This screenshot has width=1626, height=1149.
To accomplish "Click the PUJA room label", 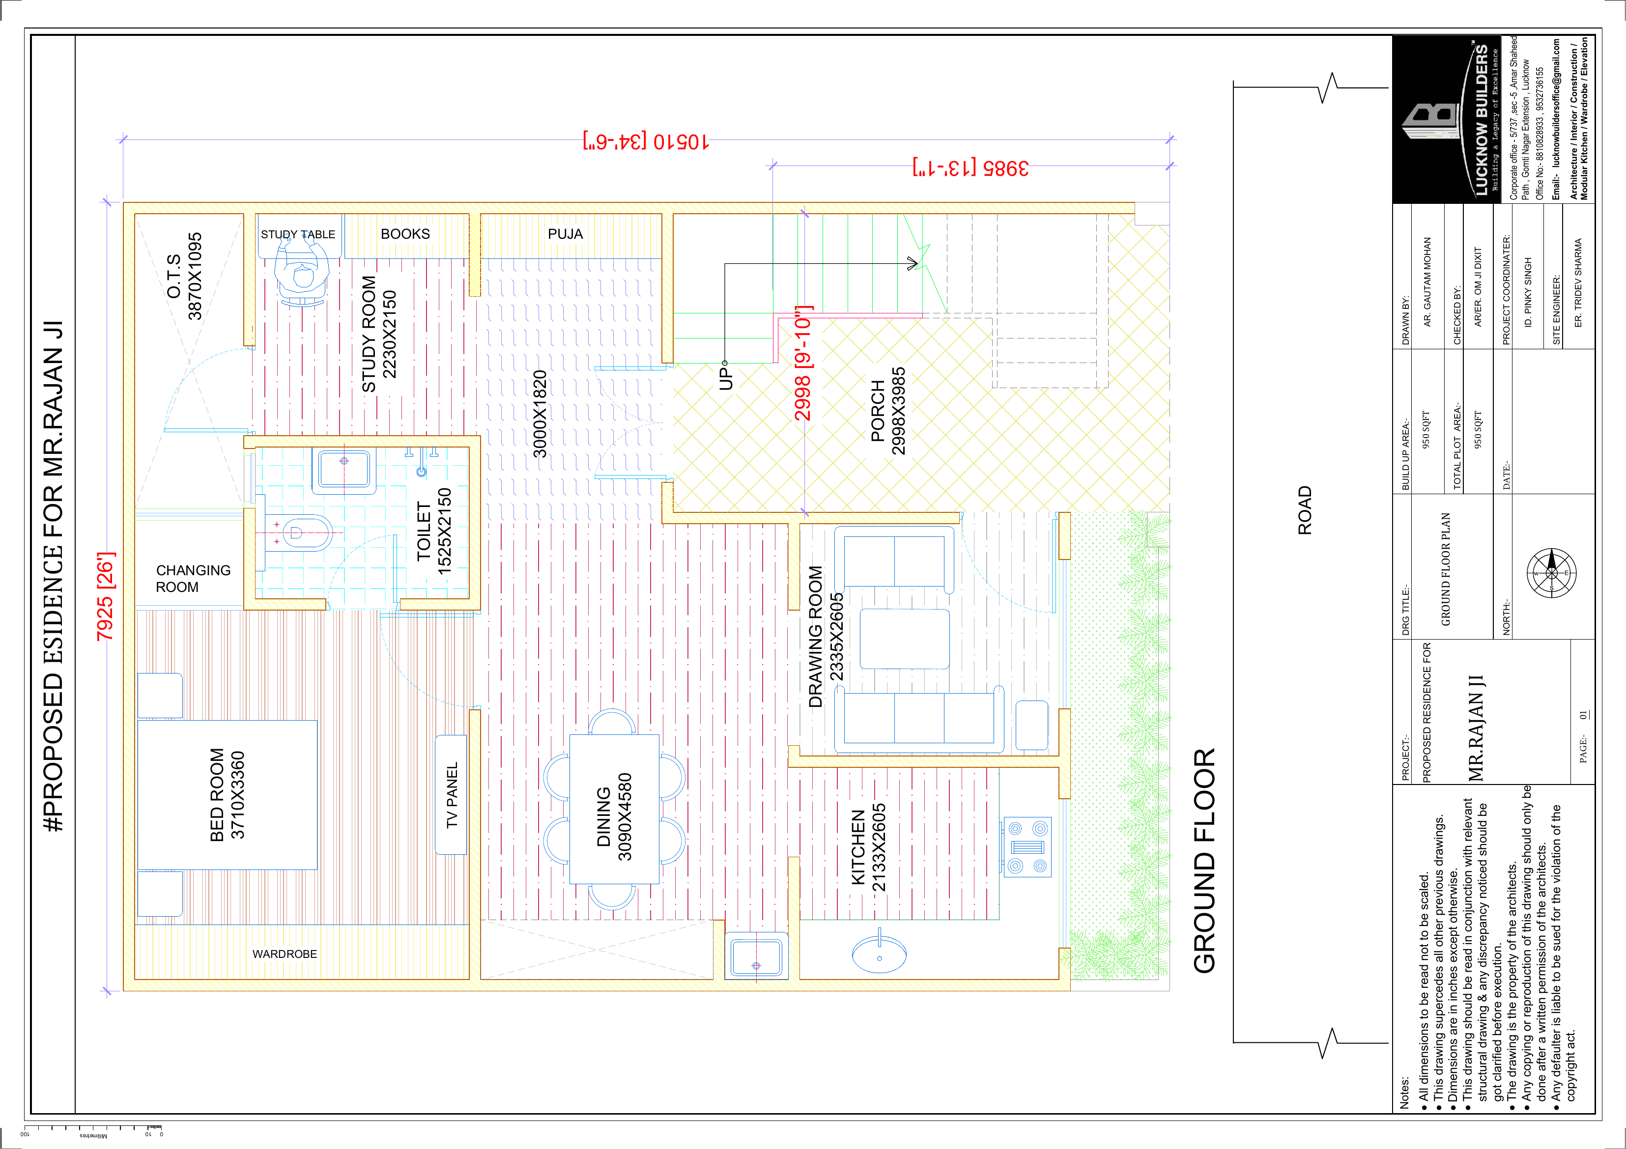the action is point(565,234).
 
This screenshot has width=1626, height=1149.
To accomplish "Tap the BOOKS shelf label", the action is point(405,234).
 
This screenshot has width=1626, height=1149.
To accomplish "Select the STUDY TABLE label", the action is point(298,234).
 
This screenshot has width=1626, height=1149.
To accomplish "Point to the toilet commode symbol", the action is point(297,532).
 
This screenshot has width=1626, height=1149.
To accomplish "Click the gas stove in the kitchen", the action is point(1027,847).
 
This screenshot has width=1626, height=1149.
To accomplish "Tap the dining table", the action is point(614,809).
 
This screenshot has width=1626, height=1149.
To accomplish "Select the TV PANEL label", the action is point(452,795).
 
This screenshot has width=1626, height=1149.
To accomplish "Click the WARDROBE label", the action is point(285,954).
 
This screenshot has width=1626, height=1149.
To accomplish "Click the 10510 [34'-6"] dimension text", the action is point(645,141).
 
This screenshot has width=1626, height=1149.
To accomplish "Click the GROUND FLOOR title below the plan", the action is point(1204,860).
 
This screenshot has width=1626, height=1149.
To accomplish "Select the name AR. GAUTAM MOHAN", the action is point(1427,282).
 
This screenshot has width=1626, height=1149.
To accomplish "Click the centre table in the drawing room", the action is point(904,639).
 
